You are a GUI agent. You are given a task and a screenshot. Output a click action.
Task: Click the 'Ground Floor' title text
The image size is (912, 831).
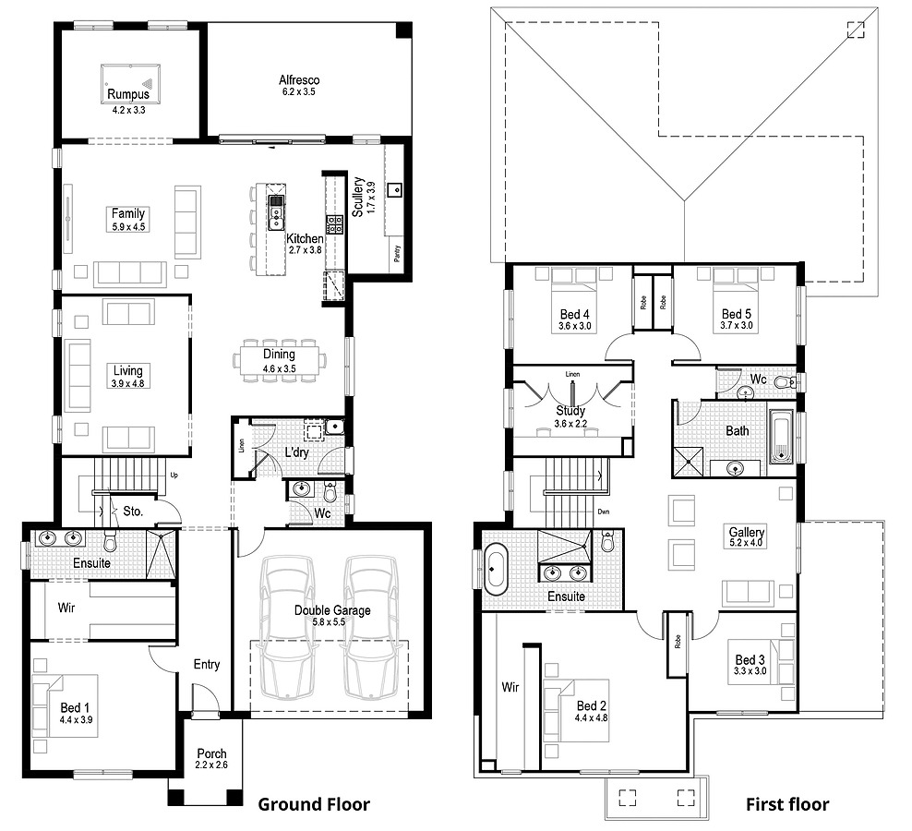click(313, 804)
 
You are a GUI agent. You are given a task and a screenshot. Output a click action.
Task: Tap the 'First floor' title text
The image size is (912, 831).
click(786, 804)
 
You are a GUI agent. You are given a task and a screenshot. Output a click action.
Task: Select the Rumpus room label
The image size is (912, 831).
click(128, 95)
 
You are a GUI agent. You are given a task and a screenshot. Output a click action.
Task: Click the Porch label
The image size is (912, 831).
click(211, 753)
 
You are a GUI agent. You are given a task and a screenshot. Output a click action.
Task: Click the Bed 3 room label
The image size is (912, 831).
click(750, 659)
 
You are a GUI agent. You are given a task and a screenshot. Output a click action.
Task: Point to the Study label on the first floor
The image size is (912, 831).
click(570, 411)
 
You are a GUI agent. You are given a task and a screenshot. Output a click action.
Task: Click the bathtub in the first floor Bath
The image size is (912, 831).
click(782, 437)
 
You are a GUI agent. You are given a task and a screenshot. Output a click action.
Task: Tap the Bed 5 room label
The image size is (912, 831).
click(737, 314)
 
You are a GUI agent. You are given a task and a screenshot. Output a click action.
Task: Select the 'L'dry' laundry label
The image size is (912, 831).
click(295, 453)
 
